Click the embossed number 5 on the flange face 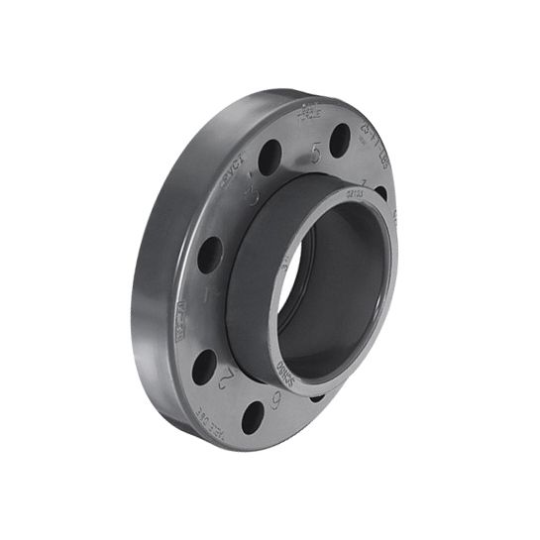click(315, 154)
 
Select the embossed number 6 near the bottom click(276, 397)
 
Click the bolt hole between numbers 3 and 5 click(270, 157)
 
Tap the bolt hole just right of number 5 click(340, 141)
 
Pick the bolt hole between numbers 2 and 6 click(253, 416)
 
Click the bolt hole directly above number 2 click(204, 367)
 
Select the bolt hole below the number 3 click(210, 256)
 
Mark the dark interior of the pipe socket click(337, 297)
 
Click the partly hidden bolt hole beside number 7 click(380, 192)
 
